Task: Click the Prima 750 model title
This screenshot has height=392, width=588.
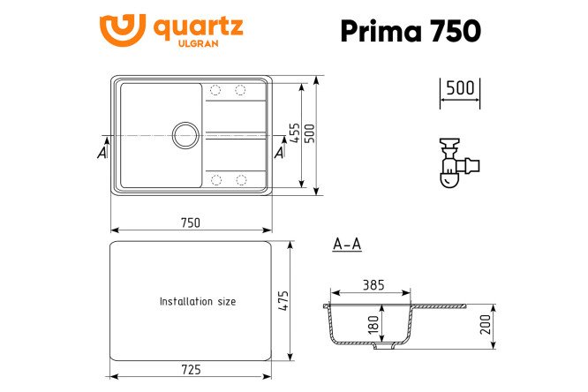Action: point(410,30)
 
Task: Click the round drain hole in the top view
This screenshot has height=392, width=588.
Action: point(186,135)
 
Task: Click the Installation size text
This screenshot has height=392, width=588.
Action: point(197,301)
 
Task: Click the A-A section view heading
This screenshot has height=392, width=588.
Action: point(347,245)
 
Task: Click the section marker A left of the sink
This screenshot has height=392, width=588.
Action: point(102,153)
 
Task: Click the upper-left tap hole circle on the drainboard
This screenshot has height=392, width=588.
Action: point(215,90)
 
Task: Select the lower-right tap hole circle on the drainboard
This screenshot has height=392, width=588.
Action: point(240,180)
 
